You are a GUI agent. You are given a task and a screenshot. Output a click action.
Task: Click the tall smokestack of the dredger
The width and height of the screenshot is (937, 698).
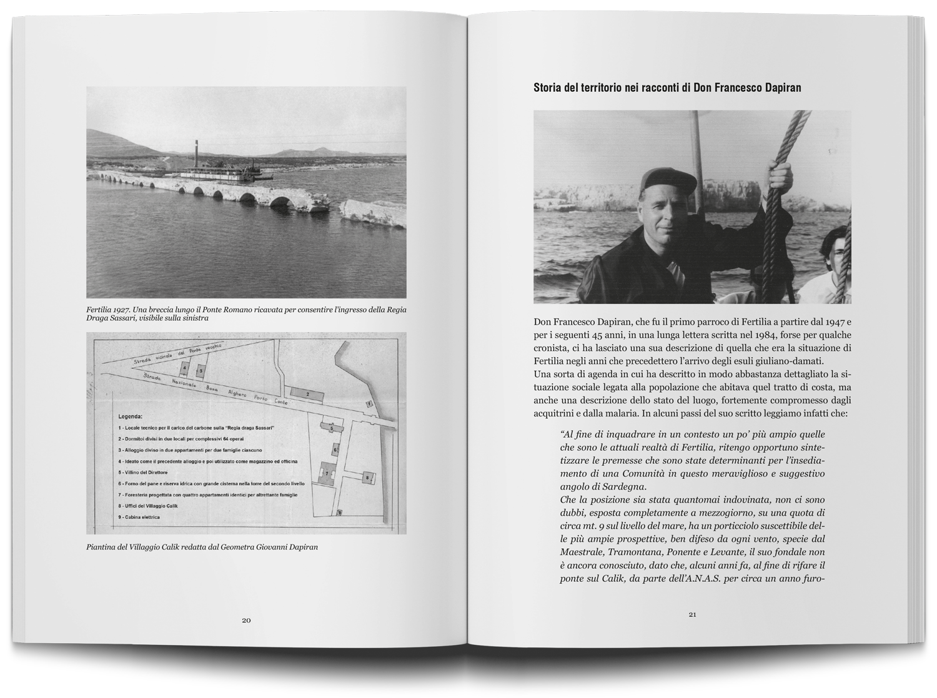196,152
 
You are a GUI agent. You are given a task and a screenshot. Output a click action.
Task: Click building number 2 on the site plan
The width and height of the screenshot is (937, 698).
308,394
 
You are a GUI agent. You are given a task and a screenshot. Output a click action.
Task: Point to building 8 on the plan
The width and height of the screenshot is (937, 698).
367,478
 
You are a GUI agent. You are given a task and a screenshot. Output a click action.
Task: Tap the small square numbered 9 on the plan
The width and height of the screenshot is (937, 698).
339,513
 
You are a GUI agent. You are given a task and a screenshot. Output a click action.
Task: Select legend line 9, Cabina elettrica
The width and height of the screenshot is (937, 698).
139,517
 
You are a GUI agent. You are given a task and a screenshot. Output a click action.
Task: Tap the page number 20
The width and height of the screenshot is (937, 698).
246,620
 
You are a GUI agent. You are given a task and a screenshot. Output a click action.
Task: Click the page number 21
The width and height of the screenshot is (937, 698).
692,614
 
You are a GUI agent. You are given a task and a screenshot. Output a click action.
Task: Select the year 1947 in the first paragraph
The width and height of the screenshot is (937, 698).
833,322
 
